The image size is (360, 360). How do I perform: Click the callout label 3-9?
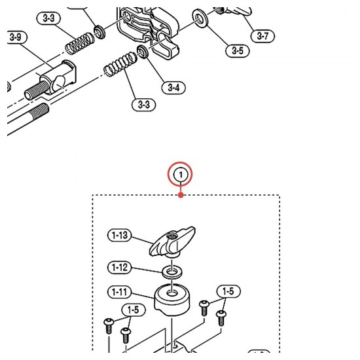[16, 37]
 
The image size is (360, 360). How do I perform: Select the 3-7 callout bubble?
[262, 36]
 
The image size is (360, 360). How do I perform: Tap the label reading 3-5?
[238, 50]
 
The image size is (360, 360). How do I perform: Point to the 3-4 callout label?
[173, 88]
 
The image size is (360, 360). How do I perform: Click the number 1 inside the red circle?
[181, 175]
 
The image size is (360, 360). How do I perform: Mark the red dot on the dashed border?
[181, 195]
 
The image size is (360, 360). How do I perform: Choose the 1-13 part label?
[119, 235]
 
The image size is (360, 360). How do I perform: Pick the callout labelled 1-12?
[119, 267]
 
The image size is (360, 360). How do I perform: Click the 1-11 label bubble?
[119, 292]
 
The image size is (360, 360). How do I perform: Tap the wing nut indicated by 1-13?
[172, 242]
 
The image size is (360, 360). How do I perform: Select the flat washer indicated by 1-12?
[172, 272]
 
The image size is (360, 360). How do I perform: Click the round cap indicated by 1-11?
[172, 298]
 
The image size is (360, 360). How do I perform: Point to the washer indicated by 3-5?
[200, 18]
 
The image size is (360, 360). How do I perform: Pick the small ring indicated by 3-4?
[142, 52]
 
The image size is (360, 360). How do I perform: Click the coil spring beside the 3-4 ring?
[120, 64]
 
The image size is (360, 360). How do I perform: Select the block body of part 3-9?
[60, 78]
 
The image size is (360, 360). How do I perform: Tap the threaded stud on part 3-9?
[37, 91]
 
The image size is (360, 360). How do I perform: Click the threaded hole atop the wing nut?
[171, 236]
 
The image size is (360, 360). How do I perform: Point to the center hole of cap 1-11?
[172, 293]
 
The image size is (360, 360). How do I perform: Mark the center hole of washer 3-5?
[199, 18]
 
